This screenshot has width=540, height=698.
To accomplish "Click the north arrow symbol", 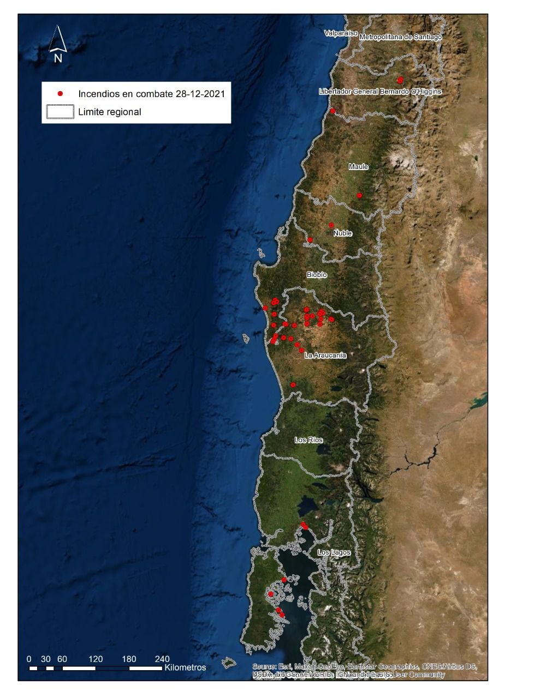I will tap(58, 44).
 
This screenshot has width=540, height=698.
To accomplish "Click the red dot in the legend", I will tap(61, 94).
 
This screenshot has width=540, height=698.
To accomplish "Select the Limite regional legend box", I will tap(60, 112).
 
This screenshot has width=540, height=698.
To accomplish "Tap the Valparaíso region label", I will tap(341, 33).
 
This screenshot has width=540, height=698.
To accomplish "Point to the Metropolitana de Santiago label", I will tap(400, 37).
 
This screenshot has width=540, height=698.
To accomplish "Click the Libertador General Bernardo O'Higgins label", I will tap(380, 92).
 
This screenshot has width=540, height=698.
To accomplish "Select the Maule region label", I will tap(359, 167).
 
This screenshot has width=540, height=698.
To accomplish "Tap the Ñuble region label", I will tap(343, 233).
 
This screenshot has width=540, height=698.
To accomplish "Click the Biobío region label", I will tap(317, 275).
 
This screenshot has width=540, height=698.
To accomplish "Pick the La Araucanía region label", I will tap(325, 356).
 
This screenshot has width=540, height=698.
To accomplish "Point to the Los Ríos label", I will tap(308, 440).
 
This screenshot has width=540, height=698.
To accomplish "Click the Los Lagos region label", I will tap(334, 552).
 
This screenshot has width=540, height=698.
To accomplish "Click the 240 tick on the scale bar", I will tap(162, 659).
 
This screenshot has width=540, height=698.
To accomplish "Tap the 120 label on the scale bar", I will tap(96, 659).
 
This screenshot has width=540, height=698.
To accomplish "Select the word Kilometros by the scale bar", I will tap(185, 667).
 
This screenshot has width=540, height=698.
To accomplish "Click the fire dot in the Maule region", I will tap(359, 195).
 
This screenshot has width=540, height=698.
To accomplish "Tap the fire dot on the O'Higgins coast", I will tap(333, 111).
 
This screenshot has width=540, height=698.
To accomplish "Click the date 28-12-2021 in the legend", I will tap(200, 94).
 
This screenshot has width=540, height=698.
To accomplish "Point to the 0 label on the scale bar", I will tap(29, 659).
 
